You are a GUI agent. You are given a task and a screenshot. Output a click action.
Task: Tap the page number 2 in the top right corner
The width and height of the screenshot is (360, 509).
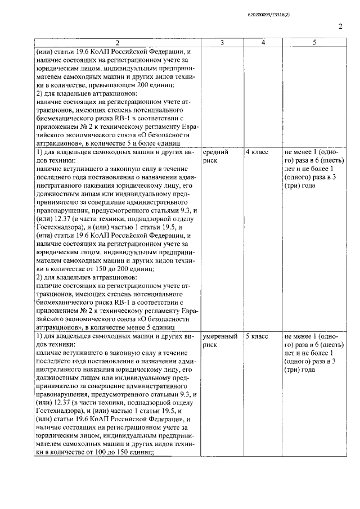coord(340,27)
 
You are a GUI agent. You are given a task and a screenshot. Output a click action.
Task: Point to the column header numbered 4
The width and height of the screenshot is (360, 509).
coord(263,43)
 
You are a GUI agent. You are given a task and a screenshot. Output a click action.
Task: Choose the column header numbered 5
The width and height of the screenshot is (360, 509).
coord(314,43)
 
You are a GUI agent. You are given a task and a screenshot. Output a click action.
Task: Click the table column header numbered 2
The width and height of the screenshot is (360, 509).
coord(117,43)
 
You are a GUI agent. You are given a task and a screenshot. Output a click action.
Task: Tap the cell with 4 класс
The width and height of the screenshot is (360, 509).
coord(257,152)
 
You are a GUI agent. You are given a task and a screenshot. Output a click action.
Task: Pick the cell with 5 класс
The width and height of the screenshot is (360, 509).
coord(257,336)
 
